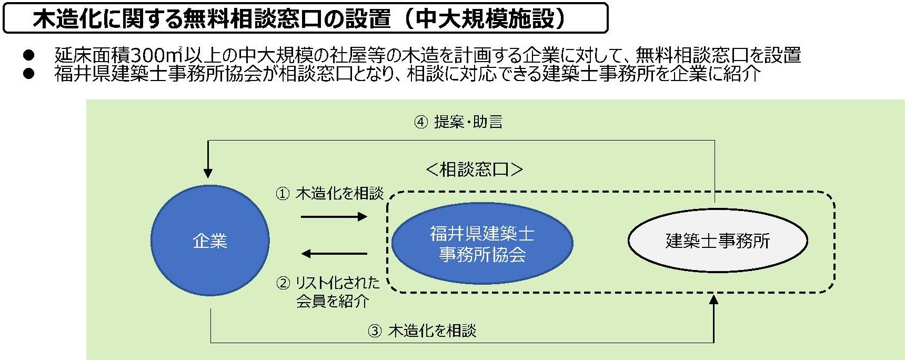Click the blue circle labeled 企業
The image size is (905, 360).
click(210, 241)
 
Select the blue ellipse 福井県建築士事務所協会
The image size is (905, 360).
click(482, 243)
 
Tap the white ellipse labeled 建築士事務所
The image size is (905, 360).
click(718, 241)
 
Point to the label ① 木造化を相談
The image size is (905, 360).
click(330, 194)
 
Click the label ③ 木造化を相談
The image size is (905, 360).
click(423, 331)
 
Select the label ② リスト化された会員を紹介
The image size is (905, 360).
click(328, 292)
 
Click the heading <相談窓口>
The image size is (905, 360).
click(474, 169)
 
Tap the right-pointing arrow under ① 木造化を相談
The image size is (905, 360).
click(334, 216)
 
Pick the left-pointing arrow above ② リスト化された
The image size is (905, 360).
click(334, 254)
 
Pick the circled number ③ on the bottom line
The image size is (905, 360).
click(374, 331)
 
